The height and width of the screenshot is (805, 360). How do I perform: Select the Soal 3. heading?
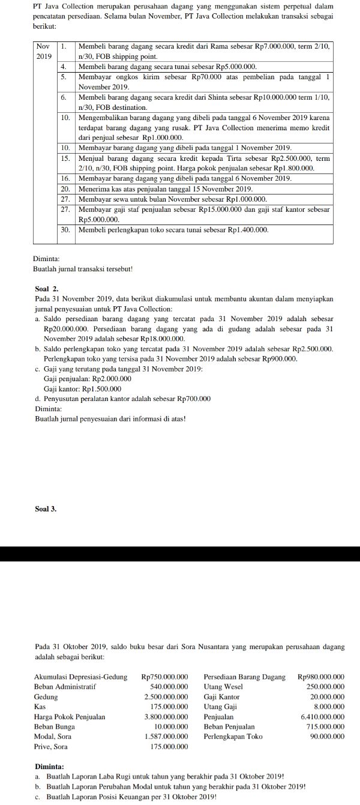pos(46,509)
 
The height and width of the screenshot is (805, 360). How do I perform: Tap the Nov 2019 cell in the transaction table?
pos(44,50)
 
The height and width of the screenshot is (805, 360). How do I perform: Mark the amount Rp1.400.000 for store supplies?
pos(247,230)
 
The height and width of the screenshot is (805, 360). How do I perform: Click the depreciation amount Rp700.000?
pos(194,399)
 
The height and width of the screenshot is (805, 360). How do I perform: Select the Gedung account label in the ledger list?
pos(46,697)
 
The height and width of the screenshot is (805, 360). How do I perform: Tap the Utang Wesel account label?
pos(223,687)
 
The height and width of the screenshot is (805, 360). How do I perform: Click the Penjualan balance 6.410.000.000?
pos(322,717)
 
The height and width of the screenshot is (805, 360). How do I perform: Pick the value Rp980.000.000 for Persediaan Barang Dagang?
pos(321,677)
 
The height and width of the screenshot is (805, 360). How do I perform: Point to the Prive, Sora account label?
pos(51,747)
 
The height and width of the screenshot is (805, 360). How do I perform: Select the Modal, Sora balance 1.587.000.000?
pos(166,737)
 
